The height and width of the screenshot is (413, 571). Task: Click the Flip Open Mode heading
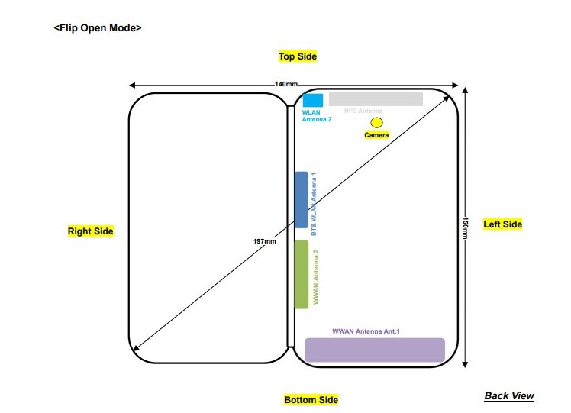point(98,28)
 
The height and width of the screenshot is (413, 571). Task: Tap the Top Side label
point(297,56)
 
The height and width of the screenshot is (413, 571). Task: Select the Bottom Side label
point(311,399)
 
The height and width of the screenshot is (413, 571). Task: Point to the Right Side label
point(90,231)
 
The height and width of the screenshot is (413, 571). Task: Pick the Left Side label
point(502,224)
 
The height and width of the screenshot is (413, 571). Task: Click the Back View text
point(509,395)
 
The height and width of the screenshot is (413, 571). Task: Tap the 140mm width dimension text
point(286,84)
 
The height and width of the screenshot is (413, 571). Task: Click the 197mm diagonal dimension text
point(264,241)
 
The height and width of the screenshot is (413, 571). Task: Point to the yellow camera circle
point(376,122)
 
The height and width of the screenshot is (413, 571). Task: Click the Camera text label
point(376,135)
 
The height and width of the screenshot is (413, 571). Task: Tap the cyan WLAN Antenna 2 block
point(312,99)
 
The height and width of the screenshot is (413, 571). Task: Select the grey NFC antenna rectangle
point(376,99)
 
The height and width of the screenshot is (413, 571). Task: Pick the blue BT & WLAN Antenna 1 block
point(302,199)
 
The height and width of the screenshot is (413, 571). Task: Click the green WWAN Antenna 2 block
point(302,274)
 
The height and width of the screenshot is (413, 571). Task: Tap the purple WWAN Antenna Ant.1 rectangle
point(374,350)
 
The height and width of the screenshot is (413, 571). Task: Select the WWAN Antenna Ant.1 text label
point(366,331)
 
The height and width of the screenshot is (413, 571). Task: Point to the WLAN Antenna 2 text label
point(316,115)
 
